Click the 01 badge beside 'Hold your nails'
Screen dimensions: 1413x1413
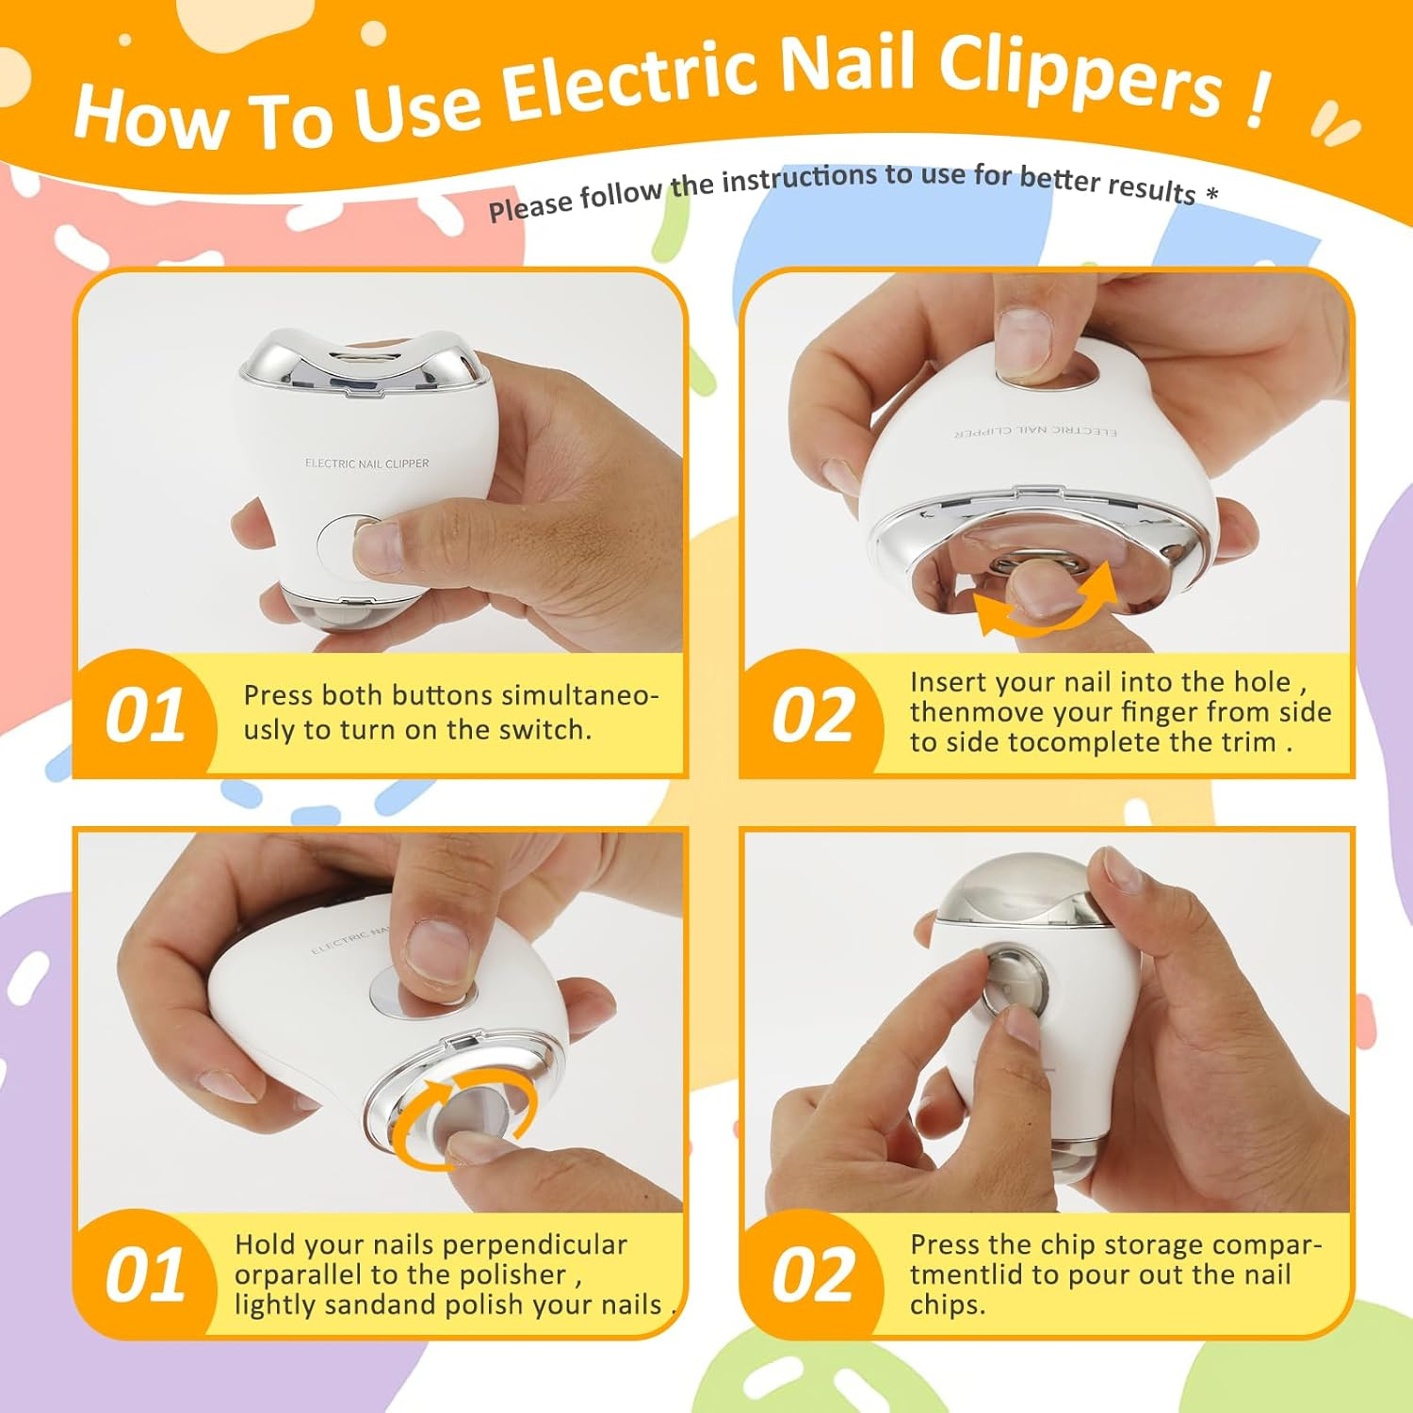144,1275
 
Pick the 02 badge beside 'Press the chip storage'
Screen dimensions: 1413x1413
811,1275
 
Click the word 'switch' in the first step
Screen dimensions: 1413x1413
544,730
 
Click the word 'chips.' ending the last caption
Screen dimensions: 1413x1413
947,1305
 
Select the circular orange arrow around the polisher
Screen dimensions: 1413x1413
462,1107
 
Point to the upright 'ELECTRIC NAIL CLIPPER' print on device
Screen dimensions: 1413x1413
366,463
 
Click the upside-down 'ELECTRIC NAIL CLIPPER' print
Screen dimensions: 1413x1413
1035,431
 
